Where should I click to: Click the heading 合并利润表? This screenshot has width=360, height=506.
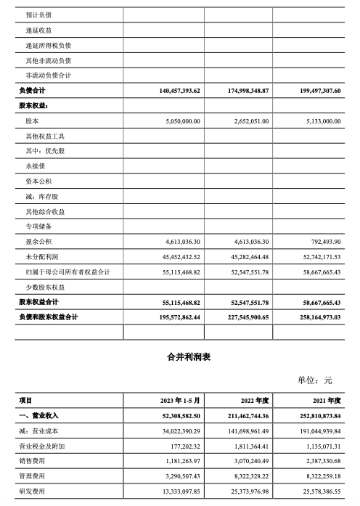pyautogui.click(x=179, y=358)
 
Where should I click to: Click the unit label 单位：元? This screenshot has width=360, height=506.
pyautogui.click(x=314, y=379)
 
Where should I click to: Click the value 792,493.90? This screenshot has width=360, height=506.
pyautogui.click(x=322, y=242)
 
